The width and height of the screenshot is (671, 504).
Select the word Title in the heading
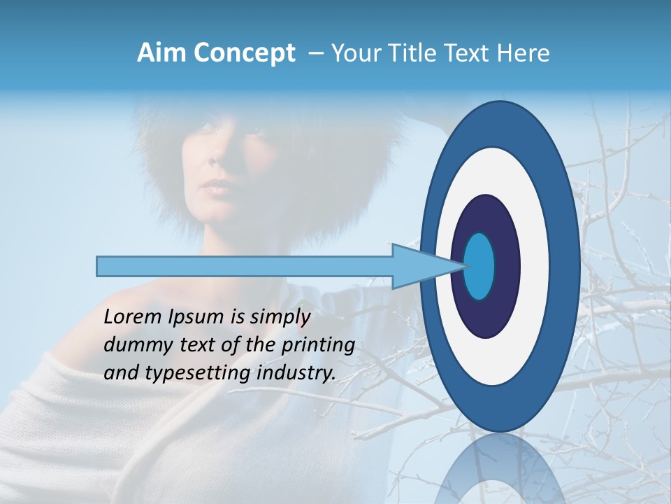point(417,53)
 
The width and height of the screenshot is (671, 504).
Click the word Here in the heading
point(524,53)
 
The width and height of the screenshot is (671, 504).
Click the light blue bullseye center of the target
point(479,266)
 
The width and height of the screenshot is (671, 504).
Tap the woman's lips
point(217,188)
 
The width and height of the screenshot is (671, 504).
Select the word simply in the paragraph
point(280,317)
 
